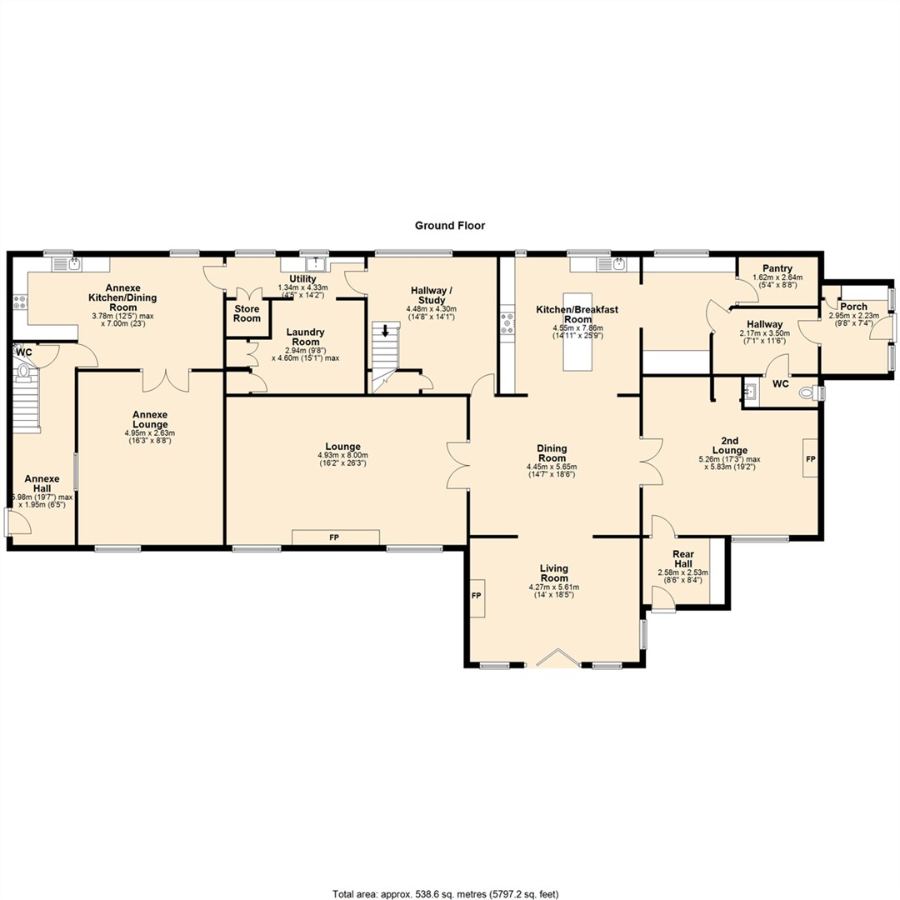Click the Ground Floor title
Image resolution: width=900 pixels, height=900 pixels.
(x=450, y=226)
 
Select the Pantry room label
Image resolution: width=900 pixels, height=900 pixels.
(x=777, y=267)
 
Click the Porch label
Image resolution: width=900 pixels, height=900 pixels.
(x=852, y=306)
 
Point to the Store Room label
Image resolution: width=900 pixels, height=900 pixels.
(x=247, y=313)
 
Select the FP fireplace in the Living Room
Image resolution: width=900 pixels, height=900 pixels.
(x=477, y=597)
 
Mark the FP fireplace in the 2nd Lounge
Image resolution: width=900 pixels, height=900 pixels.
(x=809, y=459)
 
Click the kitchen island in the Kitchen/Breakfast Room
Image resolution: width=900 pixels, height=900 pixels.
(x=577, y=332)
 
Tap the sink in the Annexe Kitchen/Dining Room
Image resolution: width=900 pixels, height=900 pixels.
(x=76, y=265)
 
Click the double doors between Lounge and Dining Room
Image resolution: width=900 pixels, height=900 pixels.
(x=458, y=464)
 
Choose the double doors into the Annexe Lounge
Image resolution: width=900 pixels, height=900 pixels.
(x=166, y=380)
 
